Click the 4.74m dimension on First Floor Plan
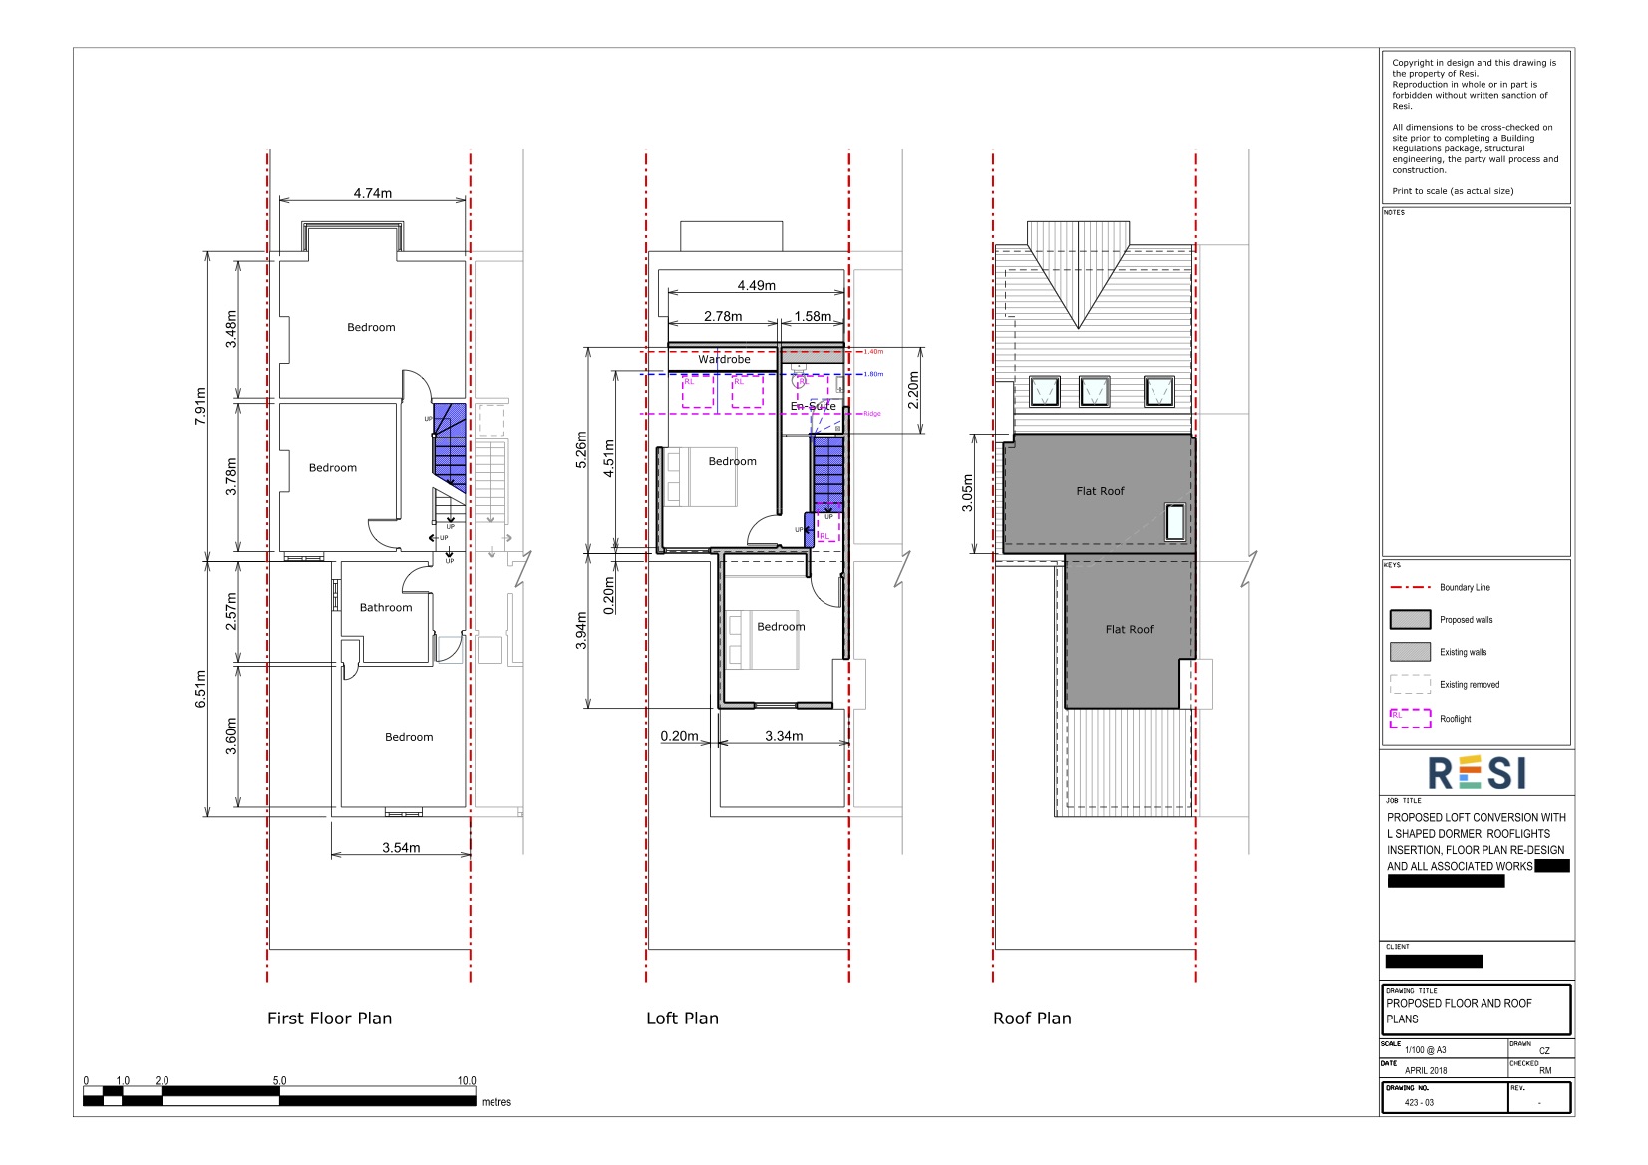click(372, 193)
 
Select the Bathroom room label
click(386, 607)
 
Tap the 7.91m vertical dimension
click(200, 406)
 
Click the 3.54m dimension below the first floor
click(401, 848)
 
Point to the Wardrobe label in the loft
click(724, 359)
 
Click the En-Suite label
click(814, 406)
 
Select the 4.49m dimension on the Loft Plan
click(756, 285)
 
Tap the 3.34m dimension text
click(784, 736)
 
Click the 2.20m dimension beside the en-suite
click(913, 391)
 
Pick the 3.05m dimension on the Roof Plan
click(967, 493)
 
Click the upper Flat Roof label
click(1100, 491)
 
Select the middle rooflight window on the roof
click(1094, 391)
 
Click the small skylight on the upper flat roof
click(1176, 522)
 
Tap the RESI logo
click(1477, 773)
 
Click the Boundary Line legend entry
click(1465, 588)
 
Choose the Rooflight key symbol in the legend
click(1410, 718)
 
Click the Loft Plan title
click(682, 1019)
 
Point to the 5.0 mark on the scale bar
click(279, 1080)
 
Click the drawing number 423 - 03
click(1419, 1103)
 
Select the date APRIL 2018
click(1425, 1071)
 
